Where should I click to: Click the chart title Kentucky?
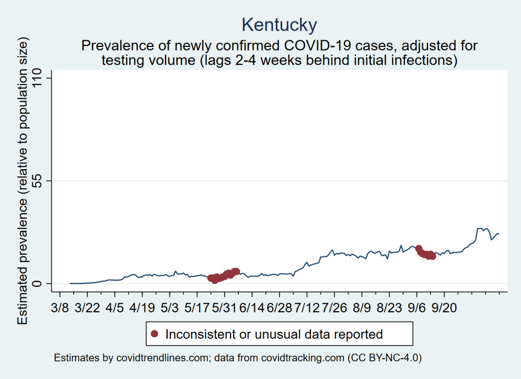click(x=279, y=24)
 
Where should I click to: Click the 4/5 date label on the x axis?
click(x=115, y=309)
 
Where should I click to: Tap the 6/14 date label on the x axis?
click(x=252, y=309)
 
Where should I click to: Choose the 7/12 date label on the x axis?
click(x=307, y=309)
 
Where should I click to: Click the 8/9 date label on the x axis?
click(x=362, y=309)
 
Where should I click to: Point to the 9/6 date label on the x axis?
click(x=417, y=309)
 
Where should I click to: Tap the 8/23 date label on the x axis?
click(x=389, y=309)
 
